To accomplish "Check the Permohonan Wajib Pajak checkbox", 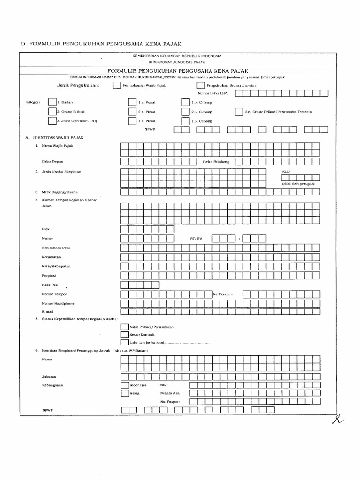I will [116, 85].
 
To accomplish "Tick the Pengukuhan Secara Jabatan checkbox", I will [200, 85].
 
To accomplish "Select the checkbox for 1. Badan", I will [52, 102].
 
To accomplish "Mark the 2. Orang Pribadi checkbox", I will [52, 112].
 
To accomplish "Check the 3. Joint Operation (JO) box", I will [52, 121].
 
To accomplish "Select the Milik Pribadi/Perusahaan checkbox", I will [124, 327].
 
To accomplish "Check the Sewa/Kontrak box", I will [124, 335].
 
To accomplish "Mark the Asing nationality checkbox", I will [124, 393].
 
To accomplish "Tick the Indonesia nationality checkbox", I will [124, 385].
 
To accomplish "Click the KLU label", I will [286, 172].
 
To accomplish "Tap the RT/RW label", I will [196, 239].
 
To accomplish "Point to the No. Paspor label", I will [169, 402].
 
